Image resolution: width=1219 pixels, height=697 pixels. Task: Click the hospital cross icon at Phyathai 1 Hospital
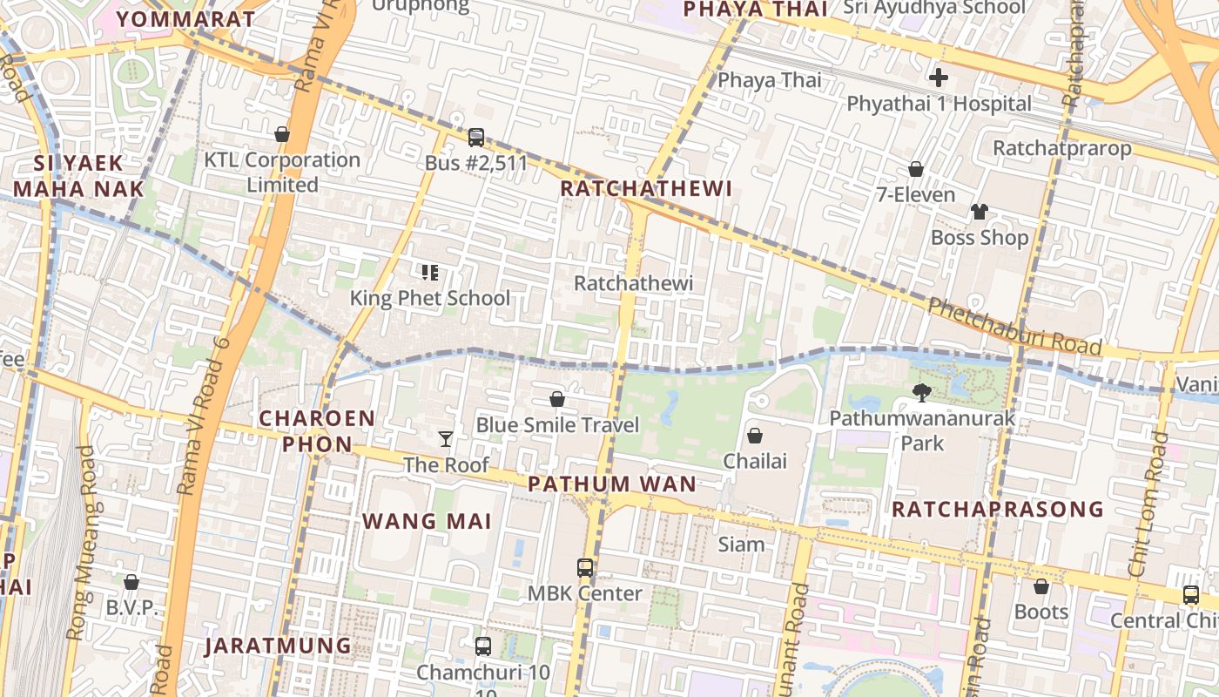tap(938, 78)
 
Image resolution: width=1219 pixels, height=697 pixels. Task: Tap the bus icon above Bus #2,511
tap(475, 137)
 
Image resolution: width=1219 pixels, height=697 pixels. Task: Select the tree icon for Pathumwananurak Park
tap(921, 392)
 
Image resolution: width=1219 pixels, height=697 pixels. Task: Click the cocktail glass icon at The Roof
tap(446, 438)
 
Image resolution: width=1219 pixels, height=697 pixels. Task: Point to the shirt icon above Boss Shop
tap(980, 212)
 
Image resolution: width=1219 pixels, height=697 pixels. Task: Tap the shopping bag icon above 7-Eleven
tap(915, 168)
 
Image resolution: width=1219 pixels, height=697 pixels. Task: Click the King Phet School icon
tap(429, 273)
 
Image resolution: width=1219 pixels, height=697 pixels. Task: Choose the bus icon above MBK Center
tap(585, 567)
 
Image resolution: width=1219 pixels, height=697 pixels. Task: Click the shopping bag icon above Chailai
tap(755, 435)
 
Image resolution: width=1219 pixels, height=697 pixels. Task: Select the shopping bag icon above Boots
tap(1041, 586)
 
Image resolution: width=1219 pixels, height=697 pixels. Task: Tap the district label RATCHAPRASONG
tap(997, 509)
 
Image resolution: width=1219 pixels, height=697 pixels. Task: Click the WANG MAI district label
tap(427, 522)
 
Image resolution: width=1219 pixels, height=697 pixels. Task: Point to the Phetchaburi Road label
tap(1014, 328)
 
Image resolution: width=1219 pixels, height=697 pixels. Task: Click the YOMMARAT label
tap(185, 19)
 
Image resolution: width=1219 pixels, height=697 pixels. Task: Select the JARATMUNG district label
tap(278, 646)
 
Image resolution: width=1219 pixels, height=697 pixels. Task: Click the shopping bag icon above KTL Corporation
tap(281, 134)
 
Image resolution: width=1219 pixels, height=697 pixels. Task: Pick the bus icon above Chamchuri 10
tap(483, 646)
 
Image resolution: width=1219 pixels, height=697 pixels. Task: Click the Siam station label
tap(741, 545)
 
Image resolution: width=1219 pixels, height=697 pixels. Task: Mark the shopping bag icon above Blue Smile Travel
tap(557, 399)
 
